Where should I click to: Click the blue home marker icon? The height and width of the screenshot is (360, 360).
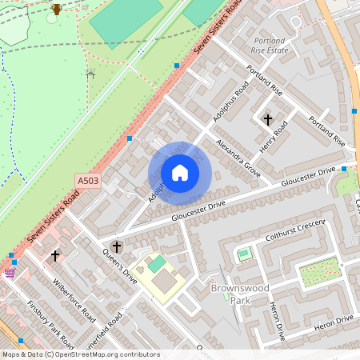(x=180, y=173)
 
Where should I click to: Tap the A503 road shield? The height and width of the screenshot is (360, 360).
(x=88, y=182)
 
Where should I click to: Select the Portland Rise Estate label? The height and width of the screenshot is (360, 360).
(x=269, y=45)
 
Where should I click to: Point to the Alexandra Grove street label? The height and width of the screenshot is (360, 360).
(x=238, y=157)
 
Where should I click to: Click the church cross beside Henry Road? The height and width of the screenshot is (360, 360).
(x=267, y=119)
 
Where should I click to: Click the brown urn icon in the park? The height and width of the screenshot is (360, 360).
(x=56, y=10)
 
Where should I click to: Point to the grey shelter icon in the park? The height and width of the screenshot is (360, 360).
(x=90, y=74)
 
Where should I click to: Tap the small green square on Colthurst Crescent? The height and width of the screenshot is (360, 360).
(x=244, y=254)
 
